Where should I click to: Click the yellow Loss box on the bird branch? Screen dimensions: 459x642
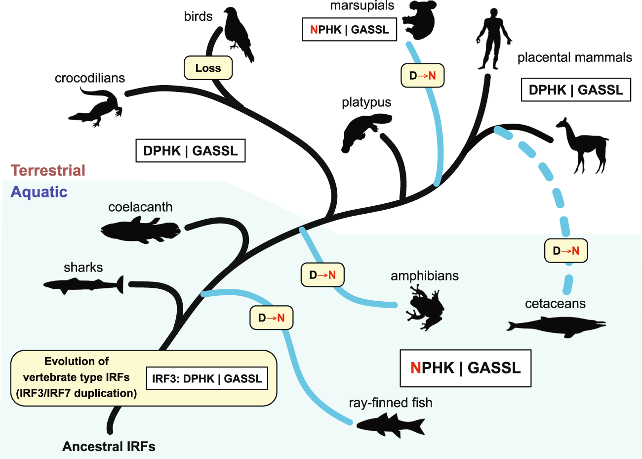coord(208,68)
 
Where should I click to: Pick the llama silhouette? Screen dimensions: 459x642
coord(583,146)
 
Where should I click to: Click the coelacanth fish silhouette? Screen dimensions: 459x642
coord(140,230)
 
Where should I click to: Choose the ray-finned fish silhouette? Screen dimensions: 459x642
coord(390,424)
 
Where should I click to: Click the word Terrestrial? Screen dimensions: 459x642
coord(48,171)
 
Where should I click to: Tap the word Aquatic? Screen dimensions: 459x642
coord(39,192)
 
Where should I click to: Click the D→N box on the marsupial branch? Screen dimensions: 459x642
coord(422,76)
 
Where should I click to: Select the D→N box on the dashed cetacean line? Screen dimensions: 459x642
coord(566,251)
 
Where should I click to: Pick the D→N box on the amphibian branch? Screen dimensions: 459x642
coord(322,275)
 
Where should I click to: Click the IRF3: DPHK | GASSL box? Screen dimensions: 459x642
coord(207,379)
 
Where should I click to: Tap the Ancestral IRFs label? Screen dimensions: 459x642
coord(109,447)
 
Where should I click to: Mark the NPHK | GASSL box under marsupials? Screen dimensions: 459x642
coord(349,30)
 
